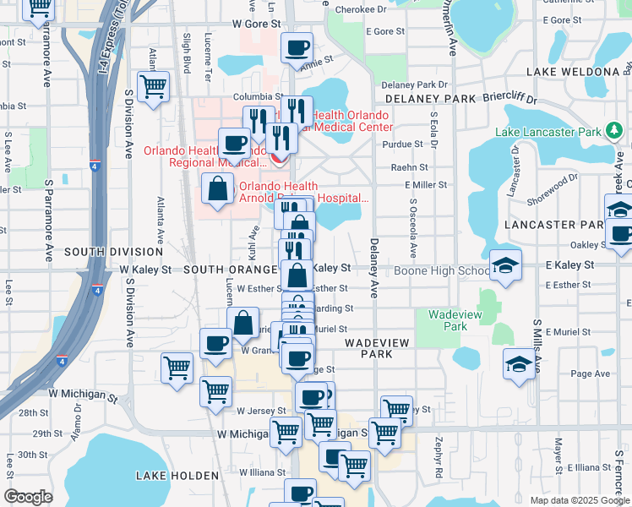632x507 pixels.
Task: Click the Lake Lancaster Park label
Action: coord(548,132)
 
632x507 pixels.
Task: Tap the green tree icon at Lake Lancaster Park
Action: coord(613,131)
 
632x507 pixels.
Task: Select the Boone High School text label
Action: coord(440,270)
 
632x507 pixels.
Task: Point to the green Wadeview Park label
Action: coord(448,320)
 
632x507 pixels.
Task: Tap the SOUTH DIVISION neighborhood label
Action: coord(113,252)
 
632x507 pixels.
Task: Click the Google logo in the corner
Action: coord(28,497)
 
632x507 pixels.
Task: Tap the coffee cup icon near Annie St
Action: coord(297,48)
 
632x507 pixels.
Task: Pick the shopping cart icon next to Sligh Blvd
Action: coord(153,86)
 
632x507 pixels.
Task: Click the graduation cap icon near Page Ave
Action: coord(519,363)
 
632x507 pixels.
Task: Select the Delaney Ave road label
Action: coord(372,269)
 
